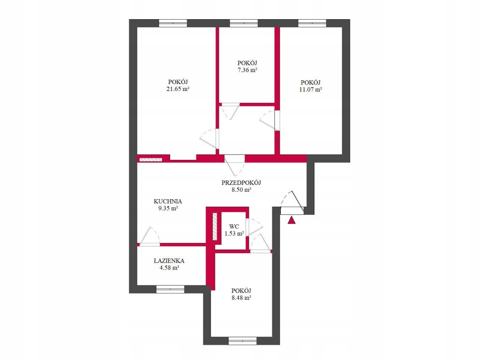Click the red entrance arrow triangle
[292, 220]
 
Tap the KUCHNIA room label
[168, 202]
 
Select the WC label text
[234, 227]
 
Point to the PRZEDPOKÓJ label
[241, 183]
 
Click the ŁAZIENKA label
[169, 261]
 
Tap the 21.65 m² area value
[178, 89]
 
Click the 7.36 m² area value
[247, 70]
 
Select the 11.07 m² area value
[310, 90]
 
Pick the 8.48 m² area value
[241, 298]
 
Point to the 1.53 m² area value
[234, 233]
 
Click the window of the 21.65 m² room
[173, 23]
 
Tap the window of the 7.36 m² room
[244, 23]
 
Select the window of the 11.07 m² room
[312, 23]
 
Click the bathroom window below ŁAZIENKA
[170, 289]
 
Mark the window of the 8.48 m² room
[242, 341]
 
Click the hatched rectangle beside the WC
[215, 226]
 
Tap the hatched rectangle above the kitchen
[150, 159]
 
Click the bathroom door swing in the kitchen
[149, 236]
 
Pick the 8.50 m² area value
[241, 189]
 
